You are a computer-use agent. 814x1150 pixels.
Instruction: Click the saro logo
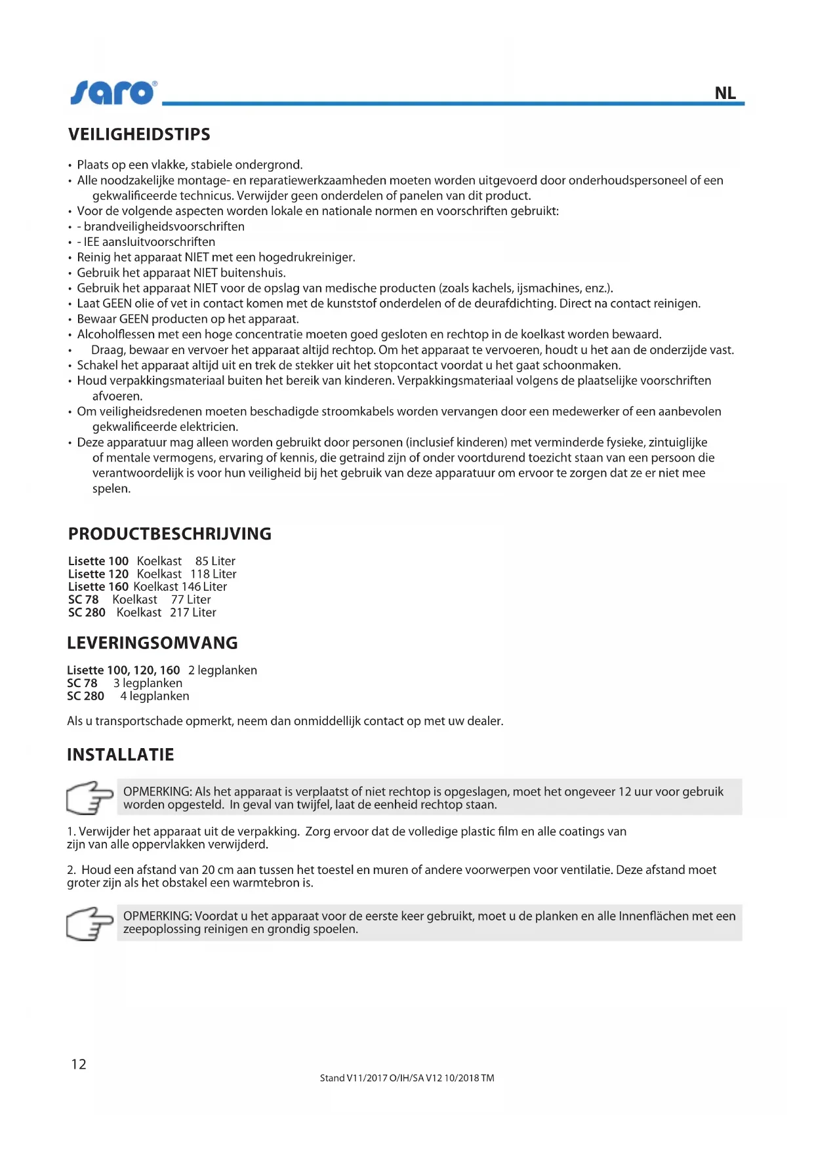[x=113, y=93]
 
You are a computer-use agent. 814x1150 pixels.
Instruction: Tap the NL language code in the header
[x=725, y=93]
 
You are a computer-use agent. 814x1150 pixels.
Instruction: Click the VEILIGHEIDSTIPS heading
[x=139, y=134]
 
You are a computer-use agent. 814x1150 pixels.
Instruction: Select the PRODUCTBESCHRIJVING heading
[x=169, y=534]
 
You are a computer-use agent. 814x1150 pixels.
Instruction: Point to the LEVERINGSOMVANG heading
[x=152, y=643]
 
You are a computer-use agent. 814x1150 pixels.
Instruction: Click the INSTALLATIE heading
[x=121, y=755]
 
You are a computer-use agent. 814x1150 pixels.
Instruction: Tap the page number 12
[x=79, y=1064]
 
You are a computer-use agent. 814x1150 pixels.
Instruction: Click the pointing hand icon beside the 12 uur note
[x=90, y=797]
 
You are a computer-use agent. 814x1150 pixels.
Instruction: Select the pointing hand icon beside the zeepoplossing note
[x=90, y=923]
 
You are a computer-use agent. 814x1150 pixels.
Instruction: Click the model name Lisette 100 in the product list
[x=98, y=561]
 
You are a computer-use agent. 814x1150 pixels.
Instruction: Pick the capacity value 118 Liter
[x=213, y=574]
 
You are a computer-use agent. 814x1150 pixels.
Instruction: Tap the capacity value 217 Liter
[x=193, y=612]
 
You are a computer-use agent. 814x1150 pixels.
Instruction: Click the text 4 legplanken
[x=155, y=696]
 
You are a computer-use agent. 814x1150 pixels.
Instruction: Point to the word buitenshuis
[x=253, y=273]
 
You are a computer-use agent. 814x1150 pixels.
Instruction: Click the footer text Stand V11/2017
[x=354, y=1078]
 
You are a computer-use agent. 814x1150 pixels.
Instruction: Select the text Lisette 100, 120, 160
[x=123, y=670]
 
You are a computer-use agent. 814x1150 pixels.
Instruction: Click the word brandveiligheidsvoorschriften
[x=164, y=226]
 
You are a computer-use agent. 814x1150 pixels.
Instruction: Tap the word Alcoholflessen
[x=115, y=334]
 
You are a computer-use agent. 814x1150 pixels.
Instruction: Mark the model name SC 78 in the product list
[x=83, y=600]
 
